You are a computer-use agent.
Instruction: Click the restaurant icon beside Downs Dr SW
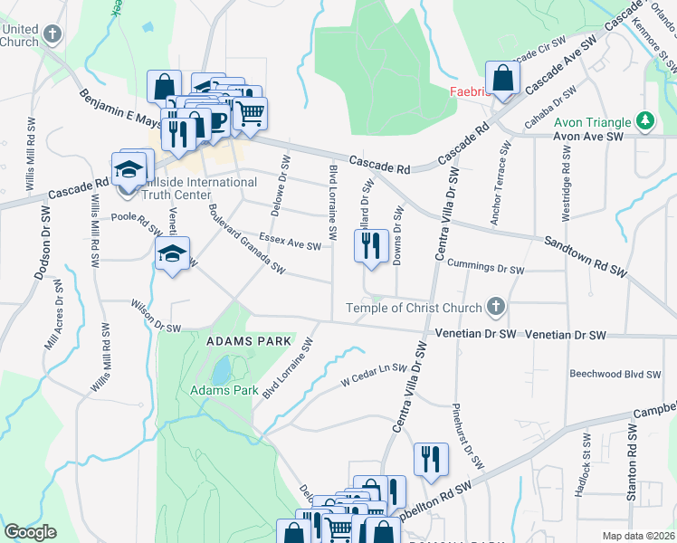[x=370, y=247]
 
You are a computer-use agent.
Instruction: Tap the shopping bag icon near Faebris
[x=502, y=78]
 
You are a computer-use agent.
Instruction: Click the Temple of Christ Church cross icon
[x=494, y=308]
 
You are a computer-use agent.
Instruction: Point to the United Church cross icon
[x=52, y=35]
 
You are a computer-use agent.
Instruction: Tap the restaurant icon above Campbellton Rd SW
[x=431, y=460]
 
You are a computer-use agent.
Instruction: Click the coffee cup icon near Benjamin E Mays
[x=217, y=121]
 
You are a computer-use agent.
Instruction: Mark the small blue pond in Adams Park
[x=220, y=369]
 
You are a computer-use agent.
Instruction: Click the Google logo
[x=30, y=532]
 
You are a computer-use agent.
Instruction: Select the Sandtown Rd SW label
[x=585, y=256]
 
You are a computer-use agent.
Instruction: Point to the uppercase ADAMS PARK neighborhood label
[x=249, y=341]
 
